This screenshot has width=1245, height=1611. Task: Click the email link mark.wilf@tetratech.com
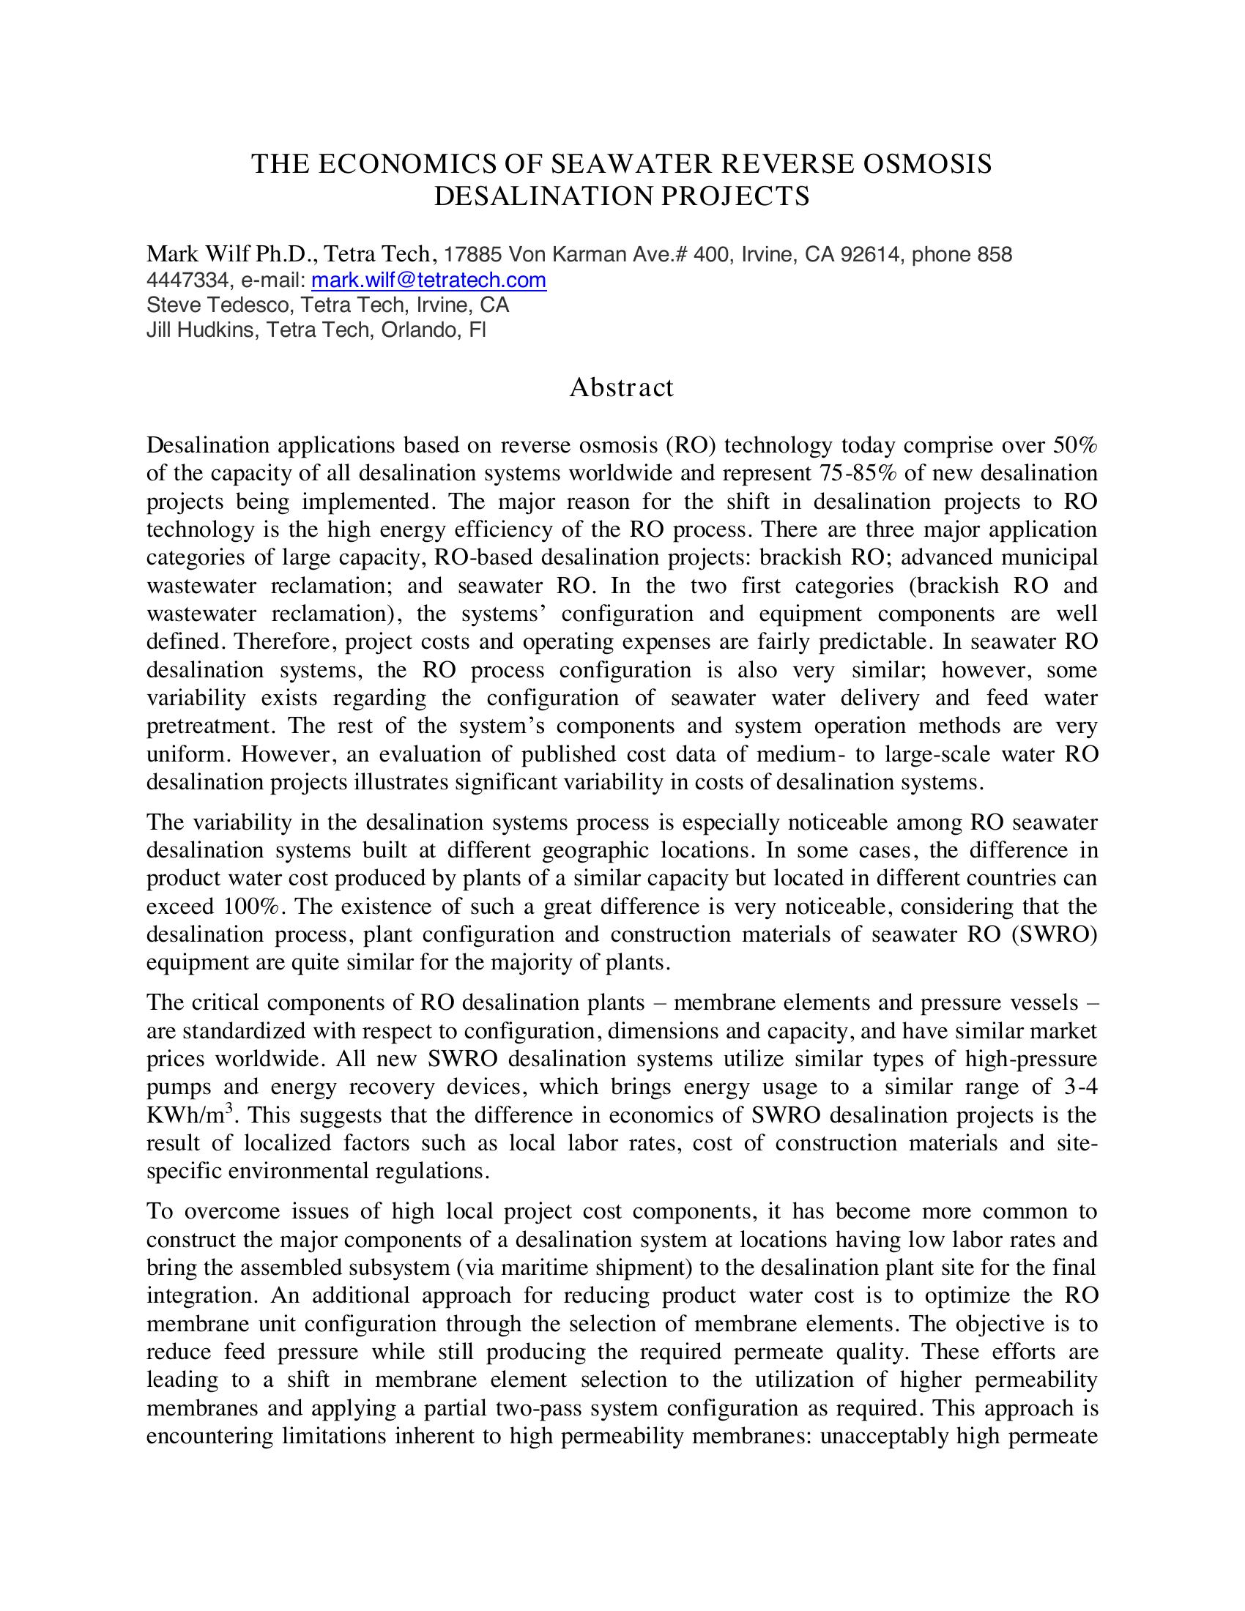pos(428,280)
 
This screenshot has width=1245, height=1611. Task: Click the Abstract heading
pos(621,387)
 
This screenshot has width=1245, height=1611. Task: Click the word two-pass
pos(537,1408)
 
